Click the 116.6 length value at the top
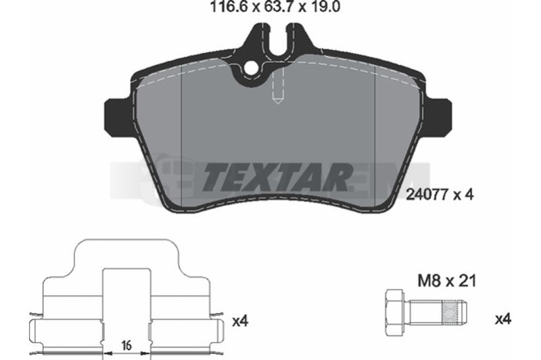[x=229, y=7]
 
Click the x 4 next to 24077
[x=463, y=195]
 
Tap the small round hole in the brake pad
[x=251, y=68]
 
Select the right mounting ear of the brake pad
[x=437, y=116]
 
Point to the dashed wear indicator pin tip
[x=278, y=101]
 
